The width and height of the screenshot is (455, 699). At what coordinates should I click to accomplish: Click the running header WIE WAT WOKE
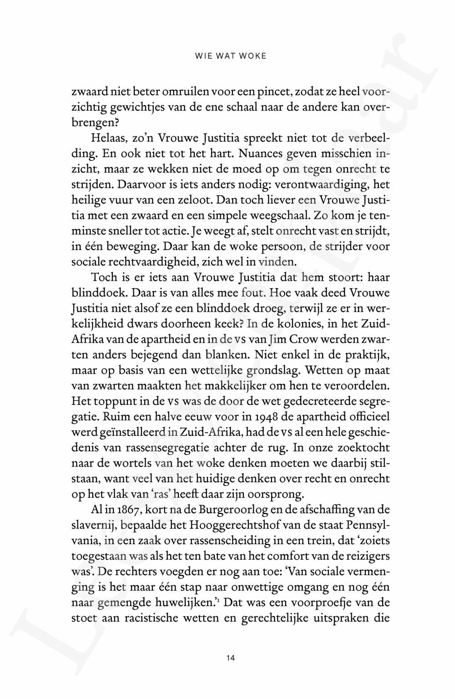230,56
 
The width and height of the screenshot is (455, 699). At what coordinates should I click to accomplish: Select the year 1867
119,510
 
